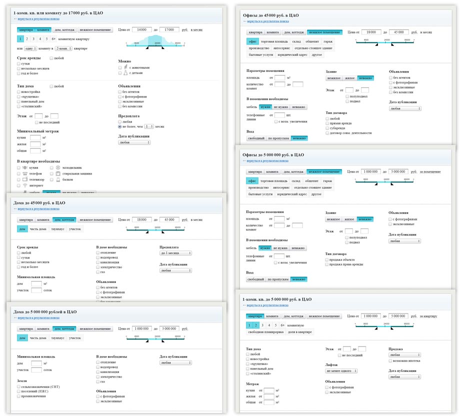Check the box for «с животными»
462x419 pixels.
coord(120,67)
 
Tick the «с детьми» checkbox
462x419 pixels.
coord(120,73)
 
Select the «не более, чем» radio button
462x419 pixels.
coord(120,127)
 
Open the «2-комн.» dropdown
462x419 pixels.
coord(63,48)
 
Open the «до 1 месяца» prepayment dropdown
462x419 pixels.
coord(175,253)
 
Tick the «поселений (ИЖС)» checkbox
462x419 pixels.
coord(18,391)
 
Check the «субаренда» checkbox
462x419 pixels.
coord(327,127)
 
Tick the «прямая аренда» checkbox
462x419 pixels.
coord(327,122)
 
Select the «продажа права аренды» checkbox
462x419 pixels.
coord(327,264)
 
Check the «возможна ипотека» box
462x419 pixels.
coord(390,360)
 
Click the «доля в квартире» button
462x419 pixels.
coord(300,332)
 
